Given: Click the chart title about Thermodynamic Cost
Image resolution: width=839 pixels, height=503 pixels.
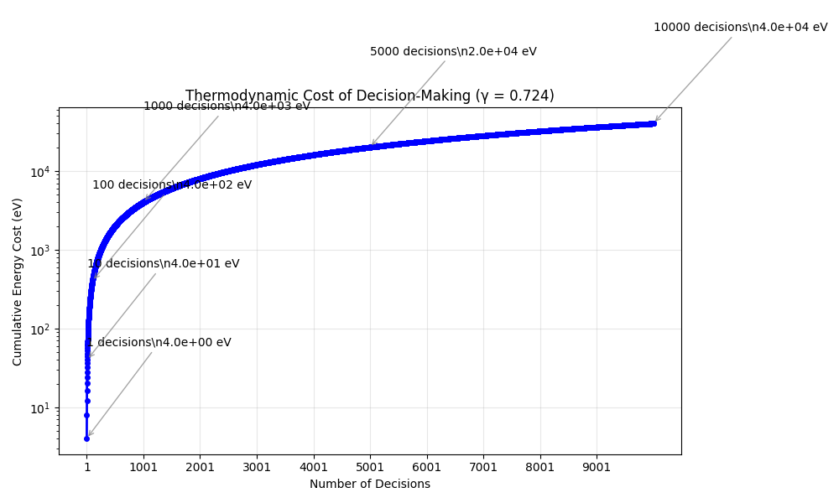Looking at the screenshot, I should (x=369, y=96).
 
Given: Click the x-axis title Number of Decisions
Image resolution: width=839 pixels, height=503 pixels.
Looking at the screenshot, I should (x=369, y=484).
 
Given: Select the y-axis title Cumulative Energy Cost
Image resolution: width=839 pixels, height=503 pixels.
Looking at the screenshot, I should (x=18, y=281).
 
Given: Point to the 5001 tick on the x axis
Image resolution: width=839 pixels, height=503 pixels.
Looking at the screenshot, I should (x=370, y=467).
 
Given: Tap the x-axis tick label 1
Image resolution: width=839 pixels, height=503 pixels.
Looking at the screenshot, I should (x=86, y=467).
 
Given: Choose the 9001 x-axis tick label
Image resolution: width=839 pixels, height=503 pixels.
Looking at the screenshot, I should (x=597, y=467).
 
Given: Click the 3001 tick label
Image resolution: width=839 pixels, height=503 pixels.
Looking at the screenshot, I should (x=257, y=467).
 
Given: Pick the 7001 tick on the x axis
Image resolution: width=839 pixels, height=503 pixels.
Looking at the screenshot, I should (x=483, y=467).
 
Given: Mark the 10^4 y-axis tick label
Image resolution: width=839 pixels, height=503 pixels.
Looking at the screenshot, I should (x=39, y=172).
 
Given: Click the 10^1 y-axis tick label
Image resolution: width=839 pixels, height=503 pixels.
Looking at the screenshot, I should (x=39, y=408).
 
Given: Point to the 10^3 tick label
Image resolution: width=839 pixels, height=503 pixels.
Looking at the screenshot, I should (x=39, y=251).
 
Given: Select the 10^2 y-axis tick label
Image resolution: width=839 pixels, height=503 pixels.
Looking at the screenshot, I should (x=39, y=329).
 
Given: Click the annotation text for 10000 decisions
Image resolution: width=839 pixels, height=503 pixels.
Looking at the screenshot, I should (x=740, y=27).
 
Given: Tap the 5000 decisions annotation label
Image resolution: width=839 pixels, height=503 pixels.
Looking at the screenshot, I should (x=453, y=51).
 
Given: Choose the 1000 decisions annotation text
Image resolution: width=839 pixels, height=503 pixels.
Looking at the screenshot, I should (x=227, y=106).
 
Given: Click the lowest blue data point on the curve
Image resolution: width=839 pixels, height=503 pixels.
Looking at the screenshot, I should (x=86, y=438).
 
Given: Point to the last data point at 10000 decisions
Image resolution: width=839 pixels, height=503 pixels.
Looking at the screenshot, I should (x=654, y=123).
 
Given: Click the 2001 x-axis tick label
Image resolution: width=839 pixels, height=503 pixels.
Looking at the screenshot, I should (x=200, y=467).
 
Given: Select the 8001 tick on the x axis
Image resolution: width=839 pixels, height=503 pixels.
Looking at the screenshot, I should (x=540, y=467).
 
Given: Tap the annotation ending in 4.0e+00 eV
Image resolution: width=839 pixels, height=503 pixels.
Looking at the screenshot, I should (x=159, y=342).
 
